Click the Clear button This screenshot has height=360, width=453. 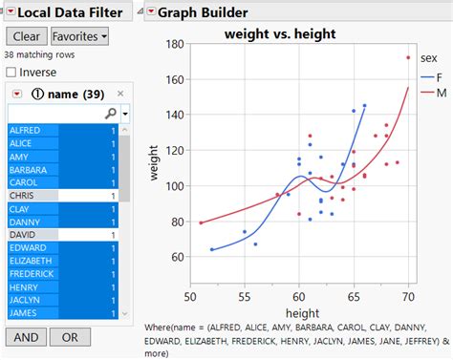point(26,36)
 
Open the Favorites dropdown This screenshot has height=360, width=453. point(79,36)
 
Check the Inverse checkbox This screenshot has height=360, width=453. point(11,73)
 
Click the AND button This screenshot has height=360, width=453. point(26,337)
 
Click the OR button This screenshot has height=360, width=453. point(70,337)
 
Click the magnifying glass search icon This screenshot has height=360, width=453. point(110,113)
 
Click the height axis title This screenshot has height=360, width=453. point(300,314)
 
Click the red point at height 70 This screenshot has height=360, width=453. point(408,58)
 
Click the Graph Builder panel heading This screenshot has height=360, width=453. point(203,12)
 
